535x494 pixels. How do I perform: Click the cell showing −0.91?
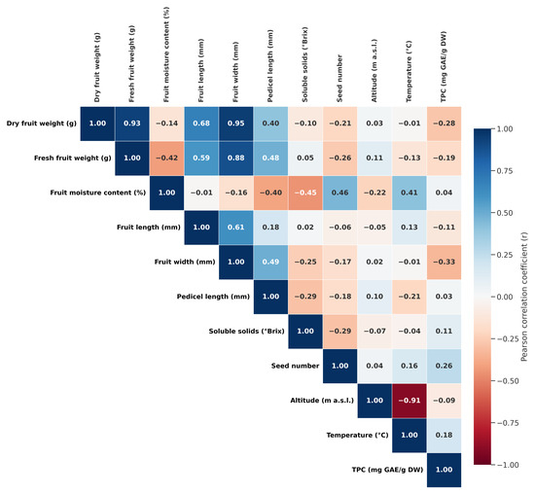[x=410, y=401]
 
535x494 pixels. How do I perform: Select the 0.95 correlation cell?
[x=236, y=123]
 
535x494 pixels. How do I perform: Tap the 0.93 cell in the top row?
[x=132, y=123]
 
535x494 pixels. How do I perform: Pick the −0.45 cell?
[x=305, y=193]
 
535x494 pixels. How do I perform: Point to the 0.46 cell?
[x=340, y=193]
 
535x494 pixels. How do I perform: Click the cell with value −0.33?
[x=444, y=262]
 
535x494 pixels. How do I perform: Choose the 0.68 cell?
[x=201, y=123]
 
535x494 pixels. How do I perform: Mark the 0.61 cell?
[x=236, y=228]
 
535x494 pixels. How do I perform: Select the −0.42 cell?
[x=167, y=158]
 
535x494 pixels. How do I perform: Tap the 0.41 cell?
[x=410, y=193]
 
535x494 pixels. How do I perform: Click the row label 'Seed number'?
[x=295, y=366]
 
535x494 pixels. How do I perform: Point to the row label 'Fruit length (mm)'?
[x=149, y=228]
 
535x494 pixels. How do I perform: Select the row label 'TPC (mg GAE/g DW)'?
[x=387, y=470]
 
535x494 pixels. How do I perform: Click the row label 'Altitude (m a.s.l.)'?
[x=322, y=401]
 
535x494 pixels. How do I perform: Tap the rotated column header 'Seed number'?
[x=339, y=78]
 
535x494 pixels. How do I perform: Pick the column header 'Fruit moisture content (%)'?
[x=166, y=54]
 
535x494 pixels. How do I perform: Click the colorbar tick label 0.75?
[x=505, y=171]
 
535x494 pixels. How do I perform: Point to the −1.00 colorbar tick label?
[x=508, y=465]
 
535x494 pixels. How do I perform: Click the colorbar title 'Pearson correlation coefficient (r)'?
[x=524, y=297]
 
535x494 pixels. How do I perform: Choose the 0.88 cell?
[x=236, y=158]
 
